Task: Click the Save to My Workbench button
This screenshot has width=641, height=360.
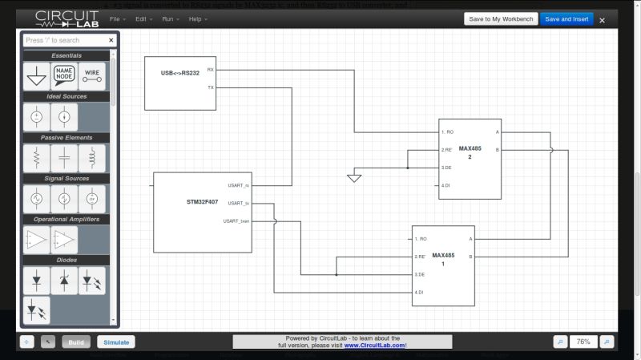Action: tap(500, 18)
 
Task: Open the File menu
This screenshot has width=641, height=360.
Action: tap(115, 18)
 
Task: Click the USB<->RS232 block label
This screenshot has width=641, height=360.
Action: tap(179, 73)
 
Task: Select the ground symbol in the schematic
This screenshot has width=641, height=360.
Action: tap(354, 177)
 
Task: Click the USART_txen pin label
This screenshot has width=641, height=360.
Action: tap(237, 220)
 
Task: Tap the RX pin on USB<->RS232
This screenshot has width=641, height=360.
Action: tap(211, 70)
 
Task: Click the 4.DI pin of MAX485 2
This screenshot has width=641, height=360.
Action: tap(446, 186)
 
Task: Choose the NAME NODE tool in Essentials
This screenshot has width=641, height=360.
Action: tap(64, 77)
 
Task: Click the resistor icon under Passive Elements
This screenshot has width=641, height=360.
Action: tap(36, 158)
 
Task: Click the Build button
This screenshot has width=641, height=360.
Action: tap(76, 342)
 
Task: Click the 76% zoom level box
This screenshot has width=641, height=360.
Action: tap(583, 342)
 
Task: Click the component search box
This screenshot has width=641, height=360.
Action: tap(64, 40)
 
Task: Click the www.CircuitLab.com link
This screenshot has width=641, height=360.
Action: tap(375, 346)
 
